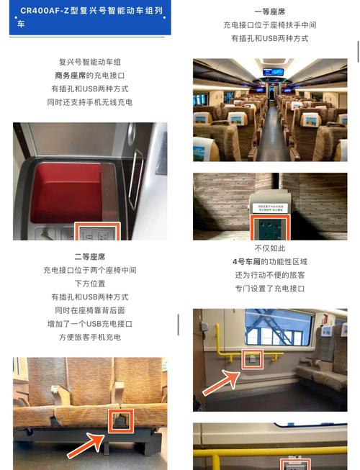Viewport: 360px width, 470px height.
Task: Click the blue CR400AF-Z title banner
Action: coord(90,18)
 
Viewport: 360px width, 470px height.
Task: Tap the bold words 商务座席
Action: coord(71,76)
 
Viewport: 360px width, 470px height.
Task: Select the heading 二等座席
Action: coord(90,257)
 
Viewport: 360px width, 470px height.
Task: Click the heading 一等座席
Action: coord(270,12)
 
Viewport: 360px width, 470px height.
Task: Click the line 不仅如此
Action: coord(270,248)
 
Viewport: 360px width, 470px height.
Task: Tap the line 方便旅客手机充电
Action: coord(90,337)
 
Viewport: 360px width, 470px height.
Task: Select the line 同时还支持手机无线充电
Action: coord(90,102)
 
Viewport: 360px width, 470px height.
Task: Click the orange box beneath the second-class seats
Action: coord(120,421)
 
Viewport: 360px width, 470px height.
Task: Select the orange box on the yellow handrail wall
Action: coord(252,358)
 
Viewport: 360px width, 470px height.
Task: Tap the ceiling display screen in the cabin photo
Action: coord(273,71)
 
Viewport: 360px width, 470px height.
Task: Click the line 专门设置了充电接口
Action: coord(270,288)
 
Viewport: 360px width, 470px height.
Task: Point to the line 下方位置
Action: coord(90,284)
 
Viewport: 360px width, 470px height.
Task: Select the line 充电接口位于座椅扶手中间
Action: coord(270,25)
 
